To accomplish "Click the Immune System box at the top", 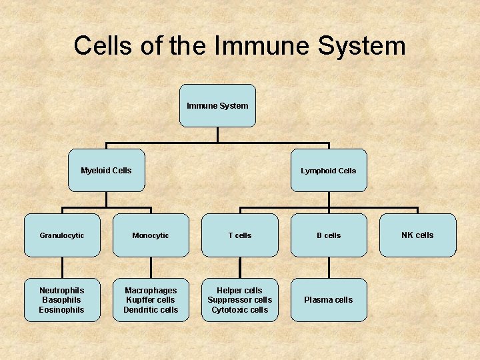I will (217, 105).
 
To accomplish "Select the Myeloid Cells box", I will (106, 170).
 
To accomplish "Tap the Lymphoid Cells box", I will (328, 170).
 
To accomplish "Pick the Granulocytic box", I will (62, 235).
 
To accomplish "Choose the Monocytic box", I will (151, 235).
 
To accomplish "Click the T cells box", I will (240, 235).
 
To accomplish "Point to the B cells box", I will (329, 235).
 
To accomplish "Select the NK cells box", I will (417, 235).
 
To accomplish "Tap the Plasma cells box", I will (329, 300).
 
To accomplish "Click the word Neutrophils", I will (62, 291).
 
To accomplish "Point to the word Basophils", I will (62, 300).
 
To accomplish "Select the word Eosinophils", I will (62, 309).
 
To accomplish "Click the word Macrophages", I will (151, 291).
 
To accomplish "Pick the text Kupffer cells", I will (151, 300).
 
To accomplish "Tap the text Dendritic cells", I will (151, 309).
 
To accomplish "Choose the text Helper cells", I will (240, 291).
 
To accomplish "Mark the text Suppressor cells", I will (240, 300).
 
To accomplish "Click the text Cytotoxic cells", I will (240, 309).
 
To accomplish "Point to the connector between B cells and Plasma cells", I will (329, 267).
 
